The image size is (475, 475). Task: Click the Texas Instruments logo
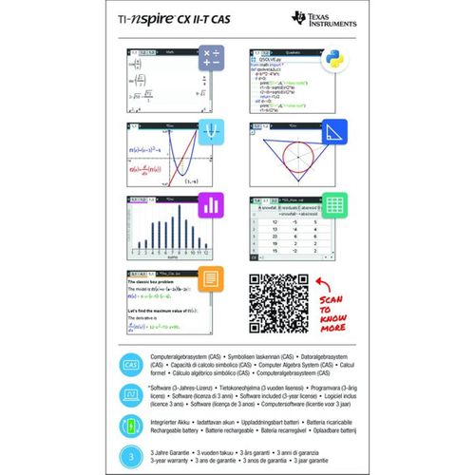point(323,20)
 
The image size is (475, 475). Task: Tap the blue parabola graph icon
point(212,134)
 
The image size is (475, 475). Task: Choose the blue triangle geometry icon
point(333,135)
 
